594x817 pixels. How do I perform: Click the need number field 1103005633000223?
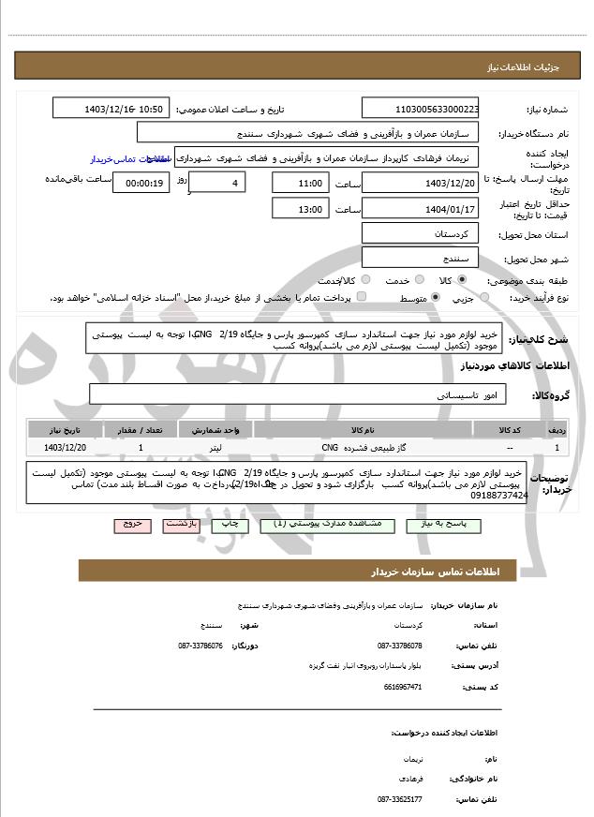click(x=421, y=109)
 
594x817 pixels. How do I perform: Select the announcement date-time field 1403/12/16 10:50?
click(x=112, y=109)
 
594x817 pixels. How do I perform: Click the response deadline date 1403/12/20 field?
click(x=421, y=182)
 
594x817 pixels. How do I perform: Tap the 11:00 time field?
click(x=300, y=183)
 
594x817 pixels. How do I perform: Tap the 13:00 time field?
click(x=300, y=209)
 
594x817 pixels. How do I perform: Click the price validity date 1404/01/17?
click(x=421, y=208)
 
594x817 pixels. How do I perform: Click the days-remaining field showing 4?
click(x=216, y=182)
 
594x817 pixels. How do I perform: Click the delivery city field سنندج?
click(x=421, y=257)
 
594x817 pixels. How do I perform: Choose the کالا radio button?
click(x=461, y=280)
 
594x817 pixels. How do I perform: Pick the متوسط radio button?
click(x=434, y=298)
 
